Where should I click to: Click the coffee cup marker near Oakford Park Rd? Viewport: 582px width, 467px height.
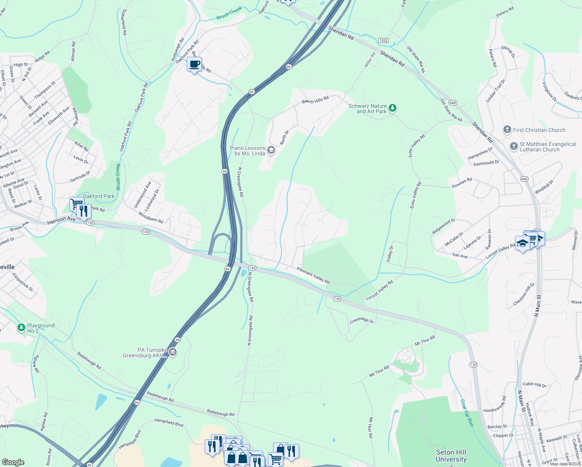pyautogui.click(x=194, y=64)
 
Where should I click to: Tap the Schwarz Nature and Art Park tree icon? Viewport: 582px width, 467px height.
pyautogui.click(x=393, y=108)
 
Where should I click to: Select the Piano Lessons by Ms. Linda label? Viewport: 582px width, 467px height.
pyautogui.click(x=247, y=151)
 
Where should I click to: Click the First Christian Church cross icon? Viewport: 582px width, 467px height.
pyautogui.click(x=507, y=130)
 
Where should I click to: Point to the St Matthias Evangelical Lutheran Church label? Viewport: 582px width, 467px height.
pyautogui.click(x=547, y=147)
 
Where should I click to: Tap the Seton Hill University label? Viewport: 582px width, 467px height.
pyautogui.click(x=451, y=456)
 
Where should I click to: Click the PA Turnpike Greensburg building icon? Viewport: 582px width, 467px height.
pyautogui.click(x=173, y=352)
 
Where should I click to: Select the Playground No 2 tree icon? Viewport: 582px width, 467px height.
pyautogui.click(x=21, y=327)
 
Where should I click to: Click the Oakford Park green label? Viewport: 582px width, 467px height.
pyautogui.click(x=99, y=196)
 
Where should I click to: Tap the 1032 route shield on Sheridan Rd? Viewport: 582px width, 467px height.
pyautogui.click(x=384, y=40)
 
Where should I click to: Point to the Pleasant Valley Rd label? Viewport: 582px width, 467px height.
pyautogui.click(x=313, y=275)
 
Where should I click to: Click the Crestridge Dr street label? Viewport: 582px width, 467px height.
pyautogui.click(x=361, y=320)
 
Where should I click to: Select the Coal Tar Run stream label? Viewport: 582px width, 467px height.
pyautogui.click(x=466, y=413)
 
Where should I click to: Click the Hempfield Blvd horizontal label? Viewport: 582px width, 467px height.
pyautogui.click(x=169, y=422)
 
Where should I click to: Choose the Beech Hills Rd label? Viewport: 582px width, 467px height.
pyautogui.click(x=315, y=100)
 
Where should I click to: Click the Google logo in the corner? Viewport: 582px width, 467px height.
pyautogui.click(x=13, y=462)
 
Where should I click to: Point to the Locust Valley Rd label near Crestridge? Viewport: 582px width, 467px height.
pyautogui.click(x=379, y=290)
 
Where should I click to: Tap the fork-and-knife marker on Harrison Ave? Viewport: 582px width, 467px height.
pyautogui.click(x=84, y=211)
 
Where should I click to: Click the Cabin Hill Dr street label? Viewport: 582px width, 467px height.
pyautogui.click(x=534, y=384)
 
